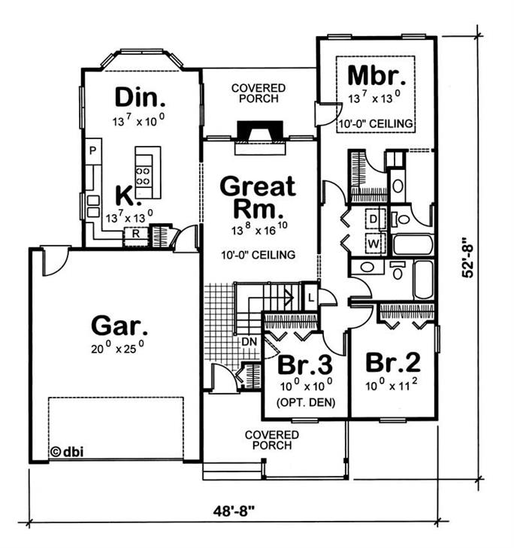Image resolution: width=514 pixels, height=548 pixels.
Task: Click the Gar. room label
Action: click(119, 325)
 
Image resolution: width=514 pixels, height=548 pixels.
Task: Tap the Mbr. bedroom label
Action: click(377, 76)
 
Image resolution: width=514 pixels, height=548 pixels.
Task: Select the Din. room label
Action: click(140, 97)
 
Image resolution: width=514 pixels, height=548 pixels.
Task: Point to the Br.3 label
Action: click(304, 365)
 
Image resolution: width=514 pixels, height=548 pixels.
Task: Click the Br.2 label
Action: click(392, 362)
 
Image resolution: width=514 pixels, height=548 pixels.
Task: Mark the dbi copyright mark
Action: click(66, 452)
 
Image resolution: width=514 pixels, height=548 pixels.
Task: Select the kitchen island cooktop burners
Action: click(143, 176)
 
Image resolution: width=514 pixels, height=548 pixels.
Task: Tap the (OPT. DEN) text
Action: click(304, 401)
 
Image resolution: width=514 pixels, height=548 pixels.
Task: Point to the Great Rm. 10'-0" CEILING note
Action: click(257, 253)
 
